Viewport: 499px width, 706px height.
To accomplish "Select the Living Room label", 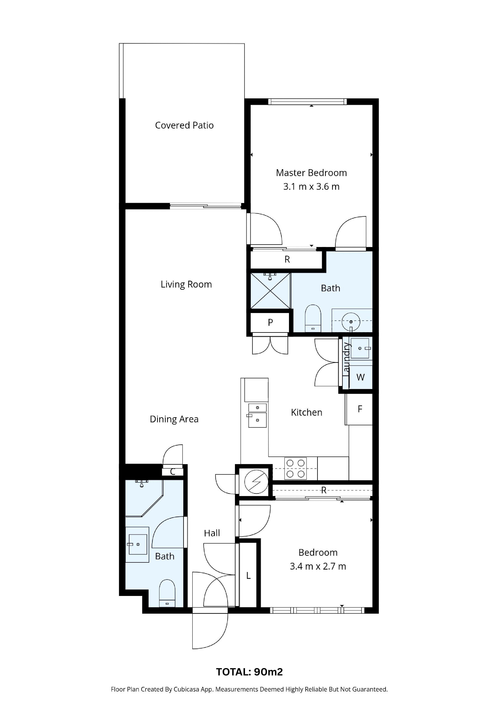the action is (186, 284).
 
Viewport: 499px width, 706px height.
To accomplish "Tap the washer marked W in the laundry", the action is (361, 377).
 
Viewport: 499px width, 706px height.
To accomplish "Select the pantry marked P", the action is (270, 322).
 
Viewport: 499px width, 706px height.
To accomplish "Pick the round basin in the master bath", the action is (351, 322).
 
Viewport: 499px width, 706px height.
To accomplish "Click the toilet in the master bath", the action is (313, 318).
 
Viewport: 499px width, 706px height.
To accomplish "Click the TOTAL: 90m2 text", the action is (249, 672).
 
